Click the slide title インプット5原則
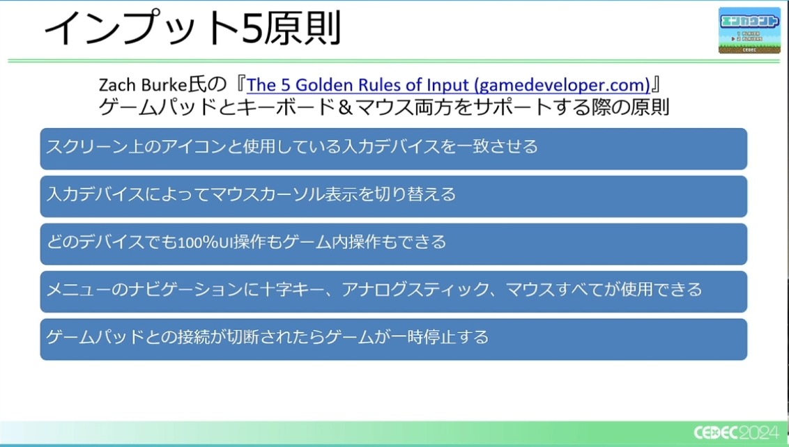click(x=193, y=28)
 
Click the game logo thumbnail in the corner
click(x=749, y=30)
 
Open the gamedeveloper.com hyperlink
click(x=448, y=85)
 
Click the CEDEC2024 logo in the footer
click(x=736, y=432)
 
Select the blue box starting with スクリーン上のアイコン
click(x=394, y=149)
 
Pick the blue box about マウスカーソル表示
click(x=394, y=196)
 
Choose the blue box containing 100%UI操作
click(x=394, y=244)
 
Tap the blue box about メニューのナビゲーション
click(x=394, y=292)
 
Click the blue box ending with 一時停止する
click(x=394, y=339)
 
